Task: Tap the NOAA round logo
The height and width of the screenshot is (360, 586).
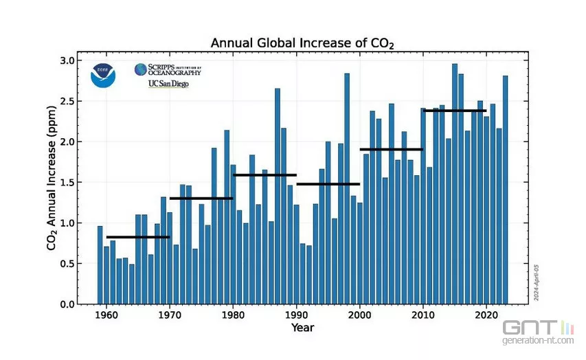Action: [103, 75]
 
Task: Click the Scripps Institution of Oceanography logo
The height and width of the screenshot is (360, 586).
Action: [168, 69]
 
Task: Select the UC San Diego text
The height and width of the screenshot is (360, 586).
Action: [168, 84]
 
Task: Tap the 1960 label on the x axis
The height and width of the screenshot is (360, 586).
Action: [106, 315]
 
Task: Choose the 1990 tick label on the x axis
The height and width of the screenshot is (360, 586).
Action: [296, 315]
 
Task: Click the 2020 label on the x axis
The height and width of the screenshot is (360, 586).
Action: [486, 315]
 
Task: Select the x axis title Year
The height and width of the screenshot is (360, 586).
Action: [302, 328]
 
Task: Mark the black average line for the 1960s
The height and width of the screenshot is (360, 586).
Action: [137, 237]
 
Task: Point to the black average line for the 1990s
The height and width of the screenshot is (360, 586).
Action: [328, 184]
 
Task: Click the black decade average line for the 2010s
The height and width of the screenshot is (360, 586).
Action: [455, 111]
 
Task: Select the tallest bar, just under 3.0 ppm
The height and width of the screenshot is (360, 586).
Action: [455, 185]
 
